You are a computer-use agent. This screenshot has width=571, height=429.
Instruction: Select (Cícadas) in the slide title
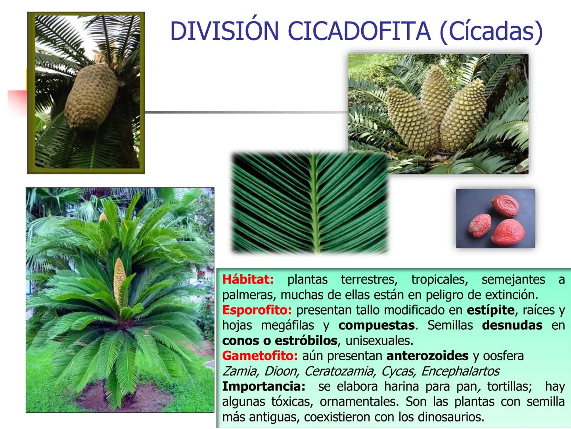491,31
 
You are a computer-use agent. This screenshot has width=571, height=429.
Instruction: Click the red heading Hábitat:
248,279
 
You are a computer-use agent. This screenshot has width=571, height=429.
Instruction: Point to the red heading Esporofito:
257,310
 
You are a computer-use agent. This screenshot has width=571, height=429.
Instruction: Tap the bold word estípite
491,310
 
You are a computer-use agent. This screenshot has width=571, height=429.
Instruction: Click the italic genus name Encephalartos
460,371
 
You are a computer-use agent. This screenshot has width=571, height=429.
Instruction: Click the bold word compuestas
376,325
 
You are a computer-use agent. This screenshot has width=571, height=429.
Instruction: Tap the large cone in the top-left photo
91,97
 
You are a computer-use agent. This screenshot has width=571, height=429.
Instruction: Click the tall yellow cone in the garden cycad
119,278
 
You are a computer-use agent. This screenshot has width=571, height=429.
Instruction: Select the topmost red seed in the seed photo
506,206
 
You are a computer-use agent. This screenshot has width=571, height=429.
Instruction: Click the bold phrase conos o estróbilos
280,340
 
